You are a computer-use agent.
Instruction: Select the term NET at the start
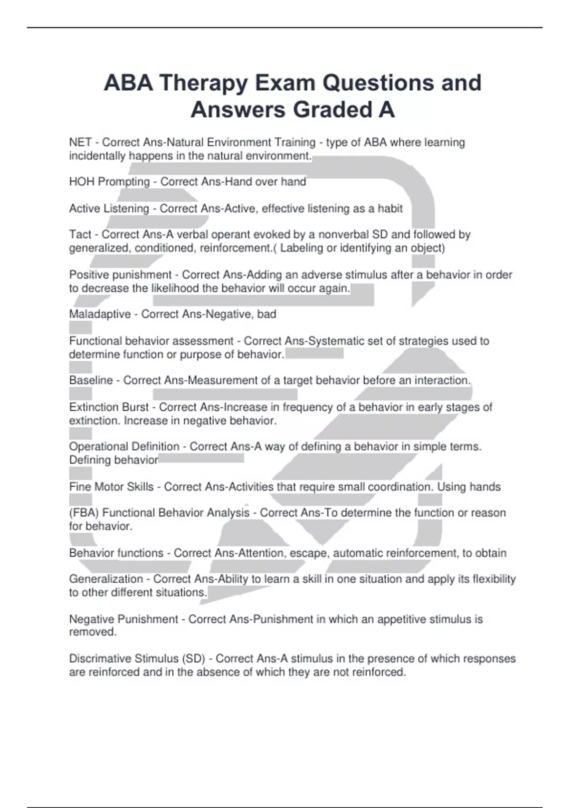pyautogui.click(x=80, y=143)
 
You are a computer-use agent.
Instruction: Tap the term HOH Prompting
pyautogui.click(x=109, y=182)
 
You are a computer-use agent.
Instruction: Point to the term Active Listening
pyautogui.click(x=109, y=209)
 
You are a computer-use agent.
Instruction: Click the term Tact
pyautogui.click(x=80, y=234)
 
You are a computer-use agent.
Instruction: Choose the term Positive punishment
pyautogui.click(x=120, y=275)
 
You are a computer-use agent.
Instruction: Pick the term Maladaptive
pyautogui.click(x=100, y=314)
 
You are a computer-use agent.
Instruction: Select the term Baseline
pyautogui.click(x=91, y=380)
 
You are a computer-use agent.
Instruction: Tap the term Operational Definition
pyautogui.click(x=124, y=447)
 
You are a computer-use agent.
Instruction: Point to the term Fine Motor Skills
pyautogui.click(x=111, y=487)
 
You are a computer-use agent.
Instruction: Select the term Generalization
pyautogui.click(x=106, y=579)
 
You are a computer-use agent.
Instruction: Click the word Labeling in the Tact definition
pyautogui.click(x=301, y=248)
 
